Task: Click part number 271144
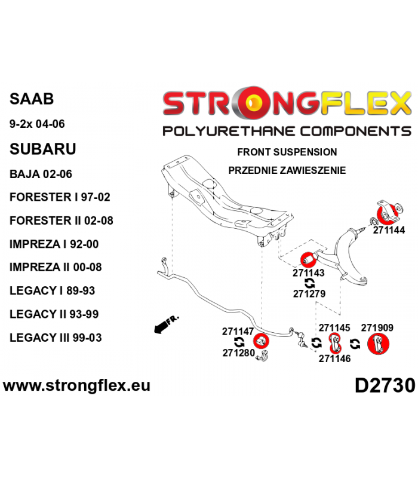point(389,230)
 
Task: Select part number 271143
point(308,273)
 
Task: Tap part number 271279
point(309,293)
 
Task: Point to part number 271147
point(238,332)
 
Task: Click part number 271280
point(238,353)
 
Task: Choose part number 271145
point(334,327)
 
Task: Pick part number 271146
point(334,358)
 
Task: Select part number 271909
point(377,327)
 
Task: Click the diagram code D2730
point(385,385)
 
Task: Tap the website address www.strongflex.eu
point(77,385)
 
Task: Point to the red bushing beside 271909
point(378,344)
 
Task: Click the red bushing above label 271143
point(308,260)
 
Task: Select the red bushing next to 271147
point(261,341)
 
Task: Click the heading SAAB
point(32,99)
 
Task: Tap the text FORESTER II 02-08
point(62,220)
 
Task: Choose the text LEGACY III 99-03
point(56,338)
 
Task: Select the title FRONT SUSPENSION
point(287,152)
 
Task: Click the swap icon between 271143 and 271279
point(309,283)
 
